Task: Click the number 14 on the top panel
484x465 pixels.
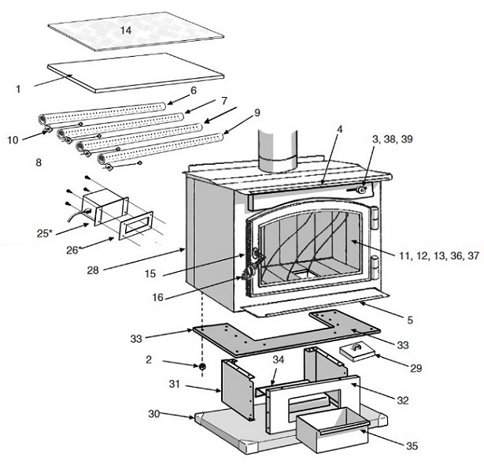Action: click(126, 30)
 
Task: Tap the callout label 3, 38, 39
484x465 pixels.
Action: click(393, 139)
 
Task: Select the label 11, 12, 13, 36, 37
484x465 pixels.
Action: click(439, 255)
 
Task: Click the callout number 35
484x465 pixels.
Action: click(412, 446)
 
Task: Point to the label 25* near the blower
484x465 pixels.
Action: click(43, 233)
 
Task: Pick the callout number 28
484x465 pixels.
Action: click(93, 270)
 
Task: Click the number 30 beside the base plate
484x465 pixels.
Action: click(153, 414)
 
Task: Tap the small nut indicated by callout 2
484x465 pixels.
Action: click(202, 366)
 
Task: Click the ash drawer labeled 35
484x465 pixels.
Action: click(333, 430)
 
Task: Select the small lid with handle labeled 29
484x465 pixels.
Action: click(358, 352)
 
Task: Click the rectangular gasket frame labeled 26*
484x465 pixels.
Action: click(136, 225)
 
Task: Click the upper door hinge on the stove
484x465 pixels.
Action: click(374, 218)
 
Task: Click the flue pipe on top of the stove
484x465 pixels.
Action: click(277, 150)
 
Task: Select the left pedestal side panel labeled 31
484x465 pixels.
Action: click(238, 389)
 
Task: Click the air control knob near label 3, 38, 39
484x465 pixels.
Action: click(361, 189)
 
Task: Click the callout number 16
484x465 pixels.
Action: click(157, 297)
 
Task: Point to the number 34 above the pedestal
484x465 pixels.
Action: click(278, 359)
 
